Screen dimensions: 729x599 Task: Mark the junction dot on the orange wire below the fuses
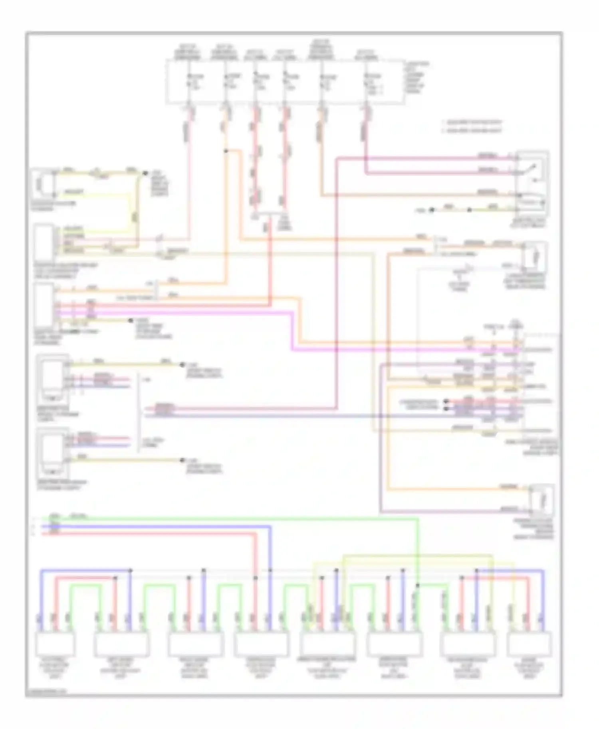226,151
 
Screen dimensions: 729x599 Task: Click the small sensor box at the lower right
541,500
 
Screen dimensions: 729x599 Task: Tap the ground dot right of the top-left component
145,173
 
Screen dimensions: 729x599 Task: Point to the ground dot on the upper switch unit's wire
182,364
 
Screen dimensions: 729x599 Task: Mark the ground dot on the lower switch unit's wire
182,460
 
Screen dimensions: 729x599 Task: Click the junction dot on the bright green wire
418,585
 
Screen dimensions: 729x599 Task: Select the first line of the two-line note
472,122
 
